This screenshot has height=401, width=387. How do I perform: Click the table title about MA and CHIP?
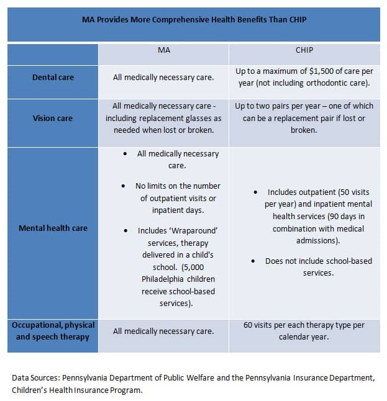pyautogui.click(x=194, y=20)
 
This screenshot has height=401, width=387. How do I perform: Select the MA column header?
pyautogui.click(x=163, y=50)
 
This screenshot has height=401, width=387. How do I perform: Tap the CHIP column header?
pyautogui.click(x=304, y=50)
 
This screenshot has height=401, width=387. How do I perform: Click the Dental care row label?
pyautogui.click(x=53, y=78)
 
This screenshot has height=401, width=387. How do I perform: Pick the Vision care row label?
pyautogui.click(x=53, y=118)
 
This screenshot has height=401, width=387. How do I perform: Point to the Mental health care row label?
pyautogui.click(x=53, y=228)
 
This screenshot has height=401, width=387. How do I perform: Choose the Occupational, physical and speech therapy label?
pyautogui.click(x=53, y=331)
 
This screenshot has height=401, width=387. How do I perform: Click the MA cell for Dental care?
pyautogui.click(x=163, y=78)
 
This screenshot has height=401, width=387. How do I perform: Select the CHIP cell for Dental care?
pyautogui.click(x=304, y=78)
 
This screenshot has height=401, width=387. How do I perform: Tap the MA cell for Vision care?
pyautogui.click(x=163, y=118)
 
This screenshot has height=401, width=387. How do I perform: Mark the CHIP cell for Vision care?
pyautogui.click(x=304, y=118)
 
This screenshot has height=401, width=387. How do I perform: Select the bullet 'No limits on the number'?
pyautogui.click(x=178, y=186)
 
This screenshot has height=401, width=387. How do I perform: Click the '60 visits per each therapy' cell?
pyautogui.click(x=304, y=331)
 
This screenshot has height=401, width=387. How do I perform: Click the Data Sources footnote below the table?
pyautogui.click(x=194, y=383)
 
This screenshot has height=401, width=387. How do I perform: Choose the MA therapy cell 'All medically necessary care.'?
pyautogui.click(x=163, y=331)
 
